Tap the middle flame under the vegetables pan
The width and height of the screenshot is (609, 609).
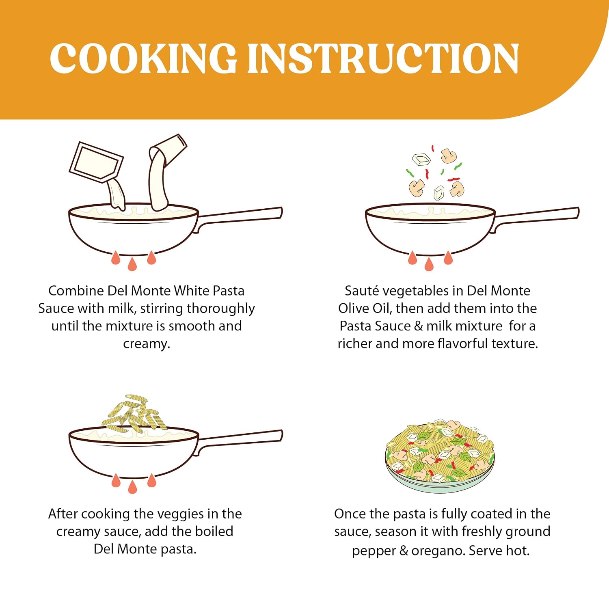429,264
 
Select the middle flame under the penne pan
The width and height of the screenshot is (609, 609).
132,486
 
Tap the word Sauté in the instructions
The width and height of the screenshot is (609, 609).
362,291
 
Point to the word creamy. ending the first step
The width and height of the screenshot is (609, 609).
147,344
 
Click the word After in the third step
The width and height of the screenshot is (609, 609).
63,514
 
